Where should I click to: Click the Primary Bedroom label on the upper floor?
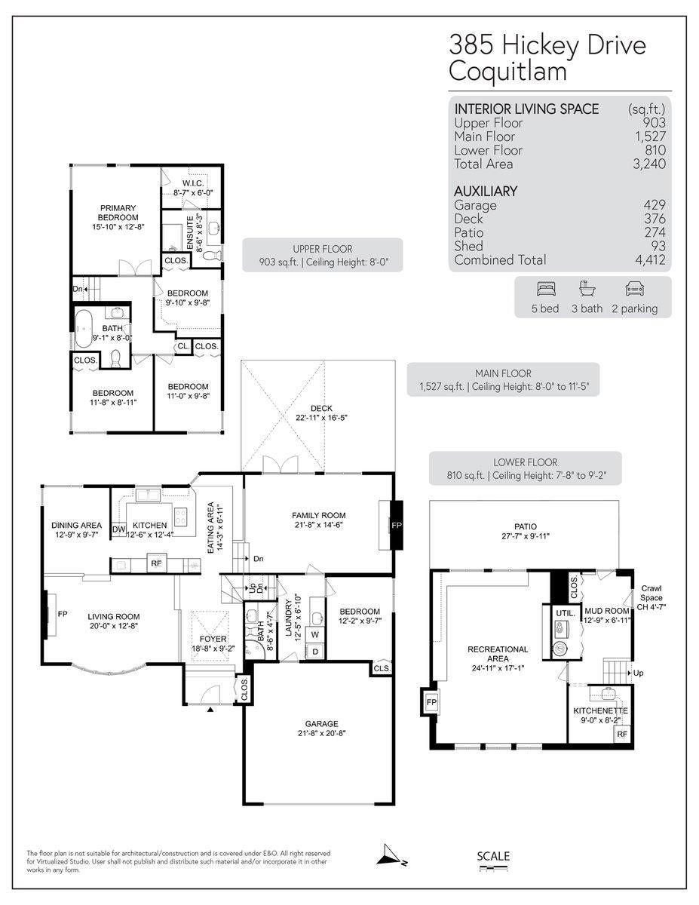116,213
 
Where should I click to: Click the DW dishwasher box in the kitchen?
118,529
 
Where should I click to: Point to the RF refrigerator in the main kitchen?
157,563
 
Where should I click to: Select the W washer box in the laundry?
314,635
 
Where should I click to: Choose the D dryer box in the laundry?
314,651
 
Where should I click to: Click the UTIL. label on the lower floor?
566,614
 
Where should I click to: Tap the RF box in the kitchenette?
622,733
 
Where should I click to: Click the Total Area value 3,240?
650,164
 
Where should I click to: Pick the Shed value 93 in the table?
658,246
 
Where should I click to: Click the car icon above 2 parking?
633,289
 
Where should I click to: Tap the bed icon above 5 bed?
545,289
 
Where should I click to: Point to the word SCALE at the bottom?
493,856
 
